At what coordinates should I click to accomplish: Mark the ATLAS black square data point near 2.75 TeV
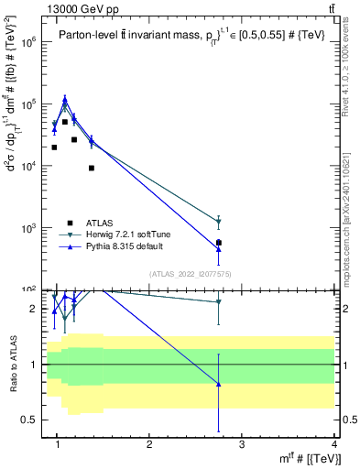click(x=218, y=243)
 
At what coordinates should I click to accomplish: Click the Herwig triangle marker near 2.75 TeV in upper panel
click(x=218, y=222)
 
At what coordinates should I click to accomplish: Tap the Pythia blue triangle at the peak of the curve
click(x=65, y=98)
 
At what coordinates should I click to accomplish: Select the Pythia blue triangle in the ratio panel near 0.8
click(x=218, y=384)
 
